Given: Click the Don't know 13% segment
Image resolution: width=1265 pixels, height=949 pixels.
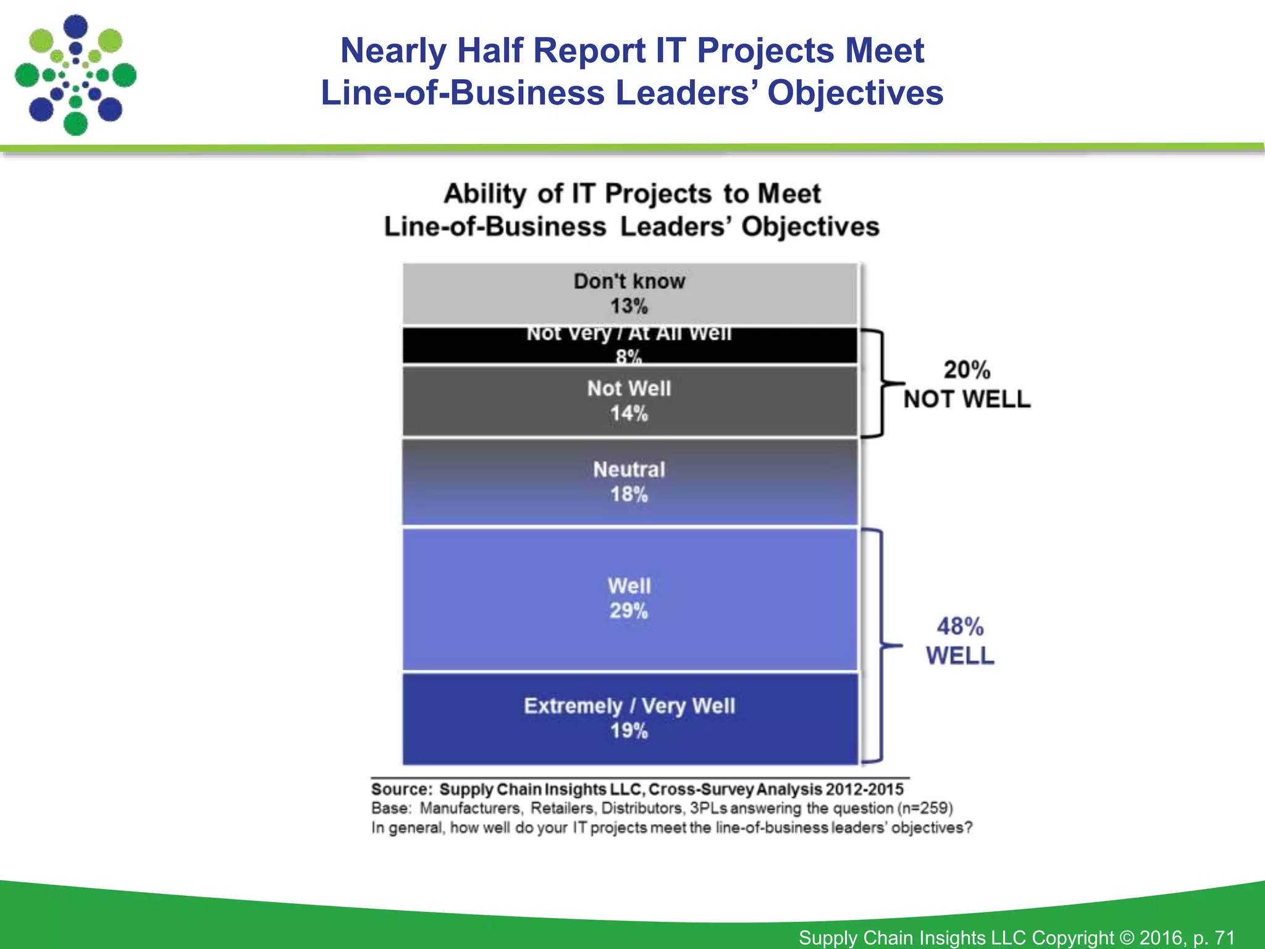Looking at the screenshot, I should [630, 294].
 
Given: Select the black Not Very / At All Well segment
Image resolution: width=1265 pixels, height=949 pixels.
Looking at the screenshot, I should [630, 345].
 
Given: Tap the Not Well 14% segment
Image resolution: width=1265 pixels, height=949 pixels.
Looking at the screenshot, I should [630, 401].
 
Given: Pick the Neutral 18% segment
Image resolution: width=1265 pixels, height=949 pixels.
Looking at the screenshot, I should [630, 482].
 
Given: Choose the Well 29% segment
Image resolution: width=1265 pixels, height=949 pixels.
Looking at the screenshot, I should [630, 599].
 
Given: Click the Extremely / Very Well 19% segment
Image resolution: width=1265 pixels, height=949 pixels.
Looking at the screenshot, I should [630, 719].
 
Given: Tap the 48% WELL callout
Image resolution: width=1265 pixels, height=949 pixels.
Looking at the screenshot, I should [960, 641].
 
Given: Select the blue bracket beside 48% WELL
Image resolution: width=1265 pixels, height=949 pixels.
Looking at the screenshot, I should [881, 646].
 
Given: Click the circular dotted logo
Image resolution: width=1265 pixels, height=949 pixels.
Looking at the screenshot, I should [75, 75].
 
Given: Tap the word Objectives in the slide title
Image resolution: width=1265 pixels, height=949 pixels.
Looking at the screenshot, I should [855, 93].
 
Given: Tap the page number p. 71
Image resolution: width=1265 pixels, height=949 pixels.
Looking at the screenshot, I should [1213, 937].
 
